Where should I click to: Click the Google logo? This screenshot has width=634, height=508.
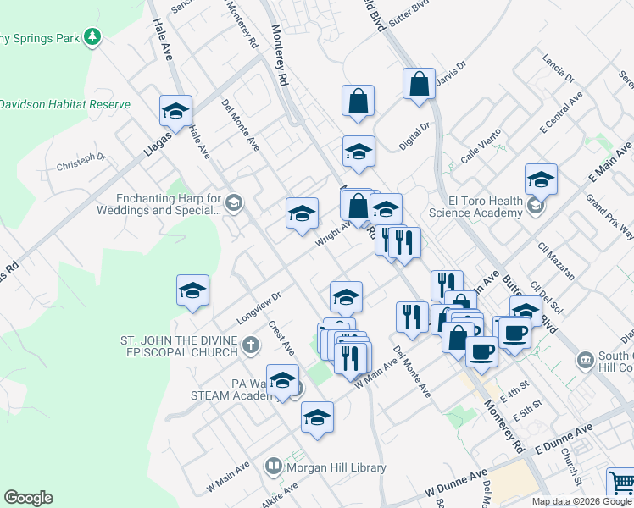[x=29, y=498]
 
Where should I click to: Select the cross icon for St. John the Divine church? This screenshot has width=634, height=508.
[x=249, y=345]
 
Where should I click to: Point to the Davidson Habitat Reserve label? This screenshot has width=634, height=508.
[x=65, y=104]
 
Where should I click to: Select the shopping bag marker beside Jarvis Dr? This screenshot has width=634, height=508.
[x=419, y=85]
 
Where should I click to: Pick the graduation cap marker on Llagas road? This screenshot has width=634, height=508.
[x=175, y=111]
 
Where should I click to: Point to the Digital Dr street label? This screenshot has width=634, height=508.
[x=415, y=134]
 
